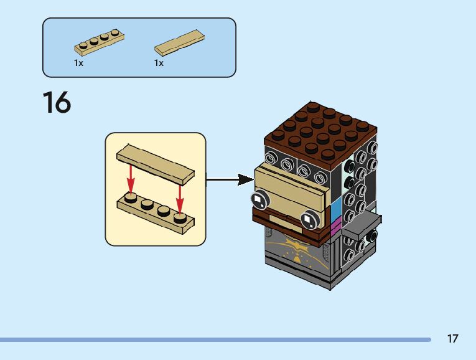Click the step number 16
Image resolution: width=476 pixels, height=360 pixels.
pos(57,103)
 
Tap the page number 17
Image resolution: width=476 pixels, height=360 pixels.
pos(452,339)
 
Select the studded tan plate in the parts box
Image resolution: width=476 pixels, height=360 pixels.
pos(100,43)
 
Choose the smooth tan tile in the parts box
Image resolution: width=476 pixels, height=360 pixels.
pos(179,43)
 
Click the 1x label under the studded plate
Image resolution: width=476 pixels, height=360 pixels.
pos(78,63)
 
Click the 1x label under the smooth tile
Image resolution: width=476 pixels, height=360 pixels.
pos(159,63)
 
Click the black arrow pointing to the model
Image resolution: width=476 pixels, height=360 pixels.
pos(230,179)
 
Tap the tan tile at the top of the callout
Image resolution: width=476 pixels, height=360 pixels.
pos(156,164)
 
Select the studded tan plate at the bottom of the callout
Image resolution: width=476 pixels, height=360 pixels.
pos(156,214)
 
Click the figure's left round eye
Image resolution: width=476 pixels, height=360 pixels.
pos(260,200)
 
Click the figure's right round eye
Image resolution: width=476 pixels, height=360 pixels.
pos(309,219)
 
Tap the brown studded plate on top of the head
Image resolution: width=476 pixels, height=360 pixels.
pos(320,131)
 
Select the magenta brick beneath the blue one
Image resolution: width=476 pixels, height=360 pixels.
pos(335,227)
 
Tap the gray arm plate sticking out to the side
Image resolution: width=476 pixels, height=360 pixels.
pos(362,224)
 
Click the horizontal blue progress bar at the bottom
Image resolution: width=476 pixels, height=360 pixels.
pos(215,339)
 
